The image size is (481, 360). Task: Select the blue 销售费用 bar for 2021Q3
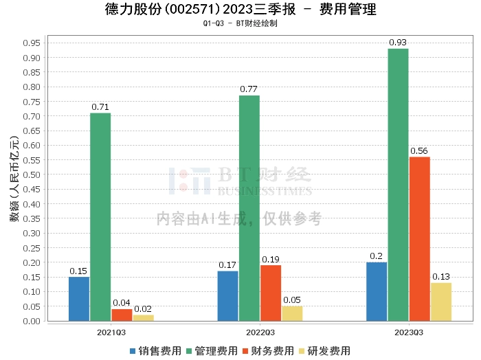tap(79, 299)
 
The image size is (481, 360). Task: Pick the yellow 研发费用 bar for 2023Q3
tap(441, 302)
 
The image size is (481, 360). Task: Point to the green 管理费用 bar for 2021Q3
tap(100, 216)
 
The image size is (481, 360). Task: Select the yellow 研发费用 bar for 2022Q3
tap(292, 313)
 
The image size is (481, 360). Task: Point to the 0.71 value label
tap(100, 107)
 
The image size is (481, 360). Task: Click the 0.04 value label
tap(122, 303)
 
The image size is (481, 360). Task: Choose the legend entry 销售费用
tap(155, 351)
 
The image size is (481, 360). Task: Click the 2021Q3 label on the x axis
tap(111, 331)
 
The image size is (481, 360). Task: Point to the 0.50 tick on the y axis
tap(32, 175)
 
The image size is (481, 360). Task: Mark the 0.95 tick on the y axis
tap(32, 43)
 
